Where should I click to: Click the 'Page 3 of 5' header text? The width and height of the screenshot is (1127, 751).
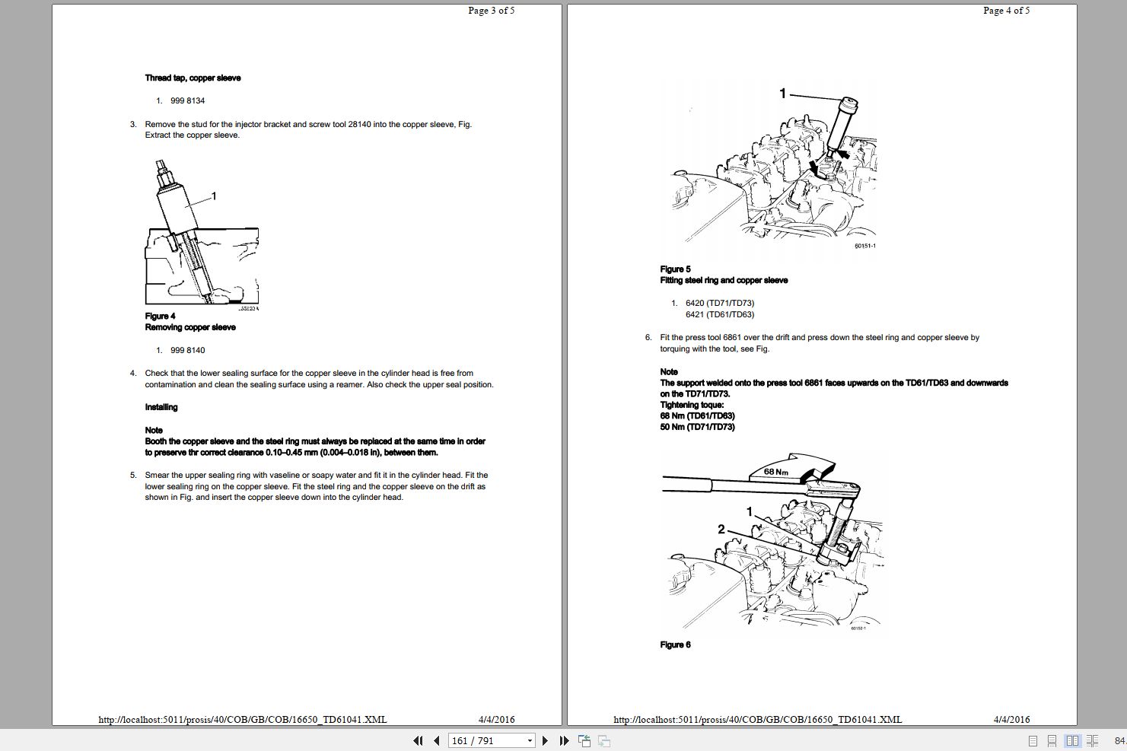click(x=491, y=11)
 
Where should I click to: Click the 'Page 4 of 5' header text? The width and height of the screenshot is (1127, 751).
click(x=1006, y=11)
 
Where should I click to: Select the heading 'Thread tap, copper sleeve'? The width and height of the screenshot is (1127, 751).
click(x=193, y=78)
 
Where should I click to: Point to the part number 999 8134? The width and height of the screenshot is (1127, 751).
click(x=187, y=100)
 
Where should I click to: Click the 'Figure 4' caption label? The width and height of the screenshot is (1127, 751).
click(x=160, y=316)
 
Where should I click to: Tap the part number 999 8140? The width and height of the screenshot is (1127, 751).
click(x=187, y=350)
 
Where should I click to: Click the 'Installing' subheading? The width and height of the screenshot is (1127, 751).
click(x=161, y=407)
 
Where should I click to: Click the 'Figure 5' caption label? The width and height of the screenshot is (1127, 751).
click(x=675, y=269)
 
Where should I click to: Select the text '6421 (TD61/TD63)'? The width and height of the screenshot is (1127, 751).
click(x=719, y=314)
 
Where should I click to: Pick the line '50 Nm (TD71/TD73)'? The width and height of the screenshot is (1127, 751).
click(x=697, y=427)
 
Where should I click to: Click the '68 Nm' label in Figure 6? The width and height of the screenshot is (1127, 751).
click(x=775, y=472)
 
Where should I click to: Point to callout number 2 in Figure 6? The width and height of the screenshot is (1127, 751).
click(x=721, y=529)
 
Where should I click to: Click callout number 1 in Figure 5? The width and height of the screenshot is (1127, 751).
click(x=782, y=94)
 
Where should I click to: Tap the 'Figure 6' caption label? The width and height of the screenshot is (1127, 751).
click(x=675, y=644)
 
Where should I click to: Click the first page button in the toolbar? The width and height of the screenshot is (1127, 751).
click(x=418, y=740)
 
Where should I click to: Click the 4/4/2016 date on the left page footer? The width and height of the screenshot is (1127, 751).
click(x=496, y=719)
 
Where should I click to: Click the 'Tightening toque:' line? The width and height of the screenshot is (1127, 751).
click(x=692, y=405)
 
